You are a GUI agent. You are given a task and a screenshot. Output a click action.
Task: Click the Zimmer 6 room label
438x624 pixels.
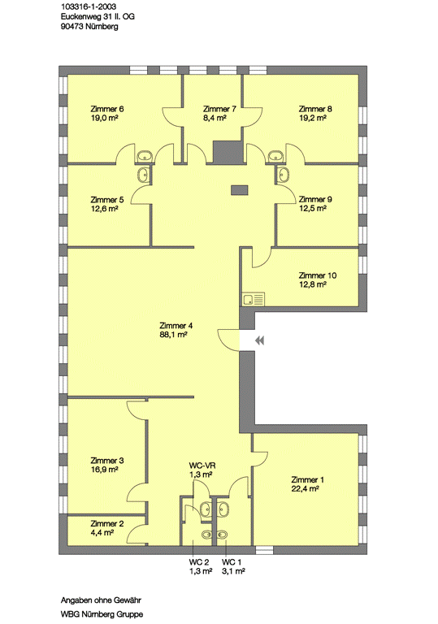click(x=107, y=109)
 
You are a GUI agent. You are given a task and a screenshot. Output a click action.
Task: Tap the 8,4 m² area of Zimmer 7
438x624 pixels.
click(x=215, y=118)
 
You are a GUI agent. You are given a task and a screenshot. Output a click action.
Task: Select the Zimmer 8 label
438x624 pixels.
click(x=315, y=109)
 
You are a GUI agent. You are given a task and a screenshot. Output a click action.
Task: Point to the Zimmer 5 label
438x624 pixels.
click(x=107, y=200)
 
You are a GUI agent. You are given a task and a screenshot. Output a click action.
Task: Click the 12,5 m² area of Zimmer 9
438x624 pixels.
click(x=313, y=209)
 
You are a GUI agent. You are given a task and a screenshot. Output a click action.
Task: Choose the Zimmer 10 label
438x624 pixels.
click(x=318, y=275)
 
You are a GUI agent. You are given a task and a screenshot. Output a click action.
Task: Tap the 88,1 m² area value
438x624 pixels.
click(x=173, y=335)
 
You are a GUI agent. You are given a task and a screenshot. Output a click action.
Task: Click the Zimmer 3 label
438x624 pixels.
click(x=107, y=461)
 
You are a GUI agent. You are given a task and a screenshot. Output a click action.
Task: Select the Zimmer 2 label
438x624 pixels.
click(x=107, y=524)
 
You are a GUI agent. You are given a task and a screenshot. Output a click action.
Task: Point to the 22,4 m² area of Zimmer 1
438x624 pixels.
click(x=305, y=488)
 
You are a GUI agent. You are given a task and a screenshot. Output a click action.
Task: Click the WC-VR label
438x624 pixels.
click(x=202, y=466)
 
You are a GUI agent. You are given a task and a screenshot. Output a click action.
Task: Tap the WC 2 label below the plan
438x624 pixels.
click(x=199, y=562)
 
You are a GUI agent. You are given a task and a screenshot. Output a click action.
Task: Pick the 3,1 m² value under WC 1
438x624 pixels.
click(x=233, y=571)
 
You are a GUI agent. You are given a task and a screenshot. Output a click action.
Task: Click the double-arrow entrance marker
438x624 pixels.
click(x=259, y=340)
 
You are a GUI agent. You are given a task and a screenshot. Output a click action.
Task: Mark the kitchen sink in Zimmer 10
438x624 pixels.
click(x=253, y=299)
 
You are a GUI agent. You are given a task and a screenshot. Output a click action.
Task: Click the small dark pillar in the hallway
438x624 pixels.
click(x=240, y=190)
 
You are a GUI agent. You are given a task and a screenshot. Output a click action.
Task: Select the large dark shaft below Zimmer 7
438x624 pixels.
click(x=228, y=152)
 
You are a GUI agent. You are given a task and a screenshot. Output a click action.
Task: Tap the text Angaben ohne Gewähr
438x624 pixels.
click(x=101, y=600)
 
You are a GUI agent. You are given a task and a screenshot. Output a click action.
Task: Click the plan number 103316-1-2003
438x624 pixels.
click(x=89, y=6)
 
